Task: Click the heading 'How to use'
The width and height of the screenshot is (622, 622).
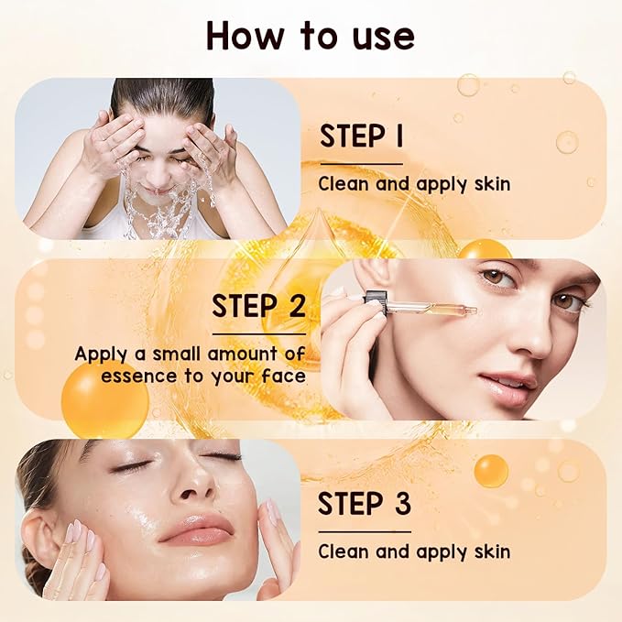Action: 311,35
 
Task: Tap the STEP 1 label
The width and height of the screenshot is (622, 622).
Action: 362,136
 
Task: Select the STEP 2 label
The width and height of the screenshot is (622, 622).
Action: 259,306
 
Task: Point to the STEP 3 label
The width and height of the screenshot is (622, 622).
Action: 364,504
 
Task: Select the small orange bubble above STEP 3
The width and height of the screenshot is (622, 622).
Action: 491,471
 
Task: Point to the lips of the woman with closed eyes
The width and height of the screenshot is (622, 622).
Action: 197,529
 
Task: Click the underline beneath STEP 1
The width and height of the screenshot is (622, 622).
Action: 360,164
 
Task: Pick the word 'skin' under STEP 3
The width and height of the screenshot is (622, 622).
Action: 490,551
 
